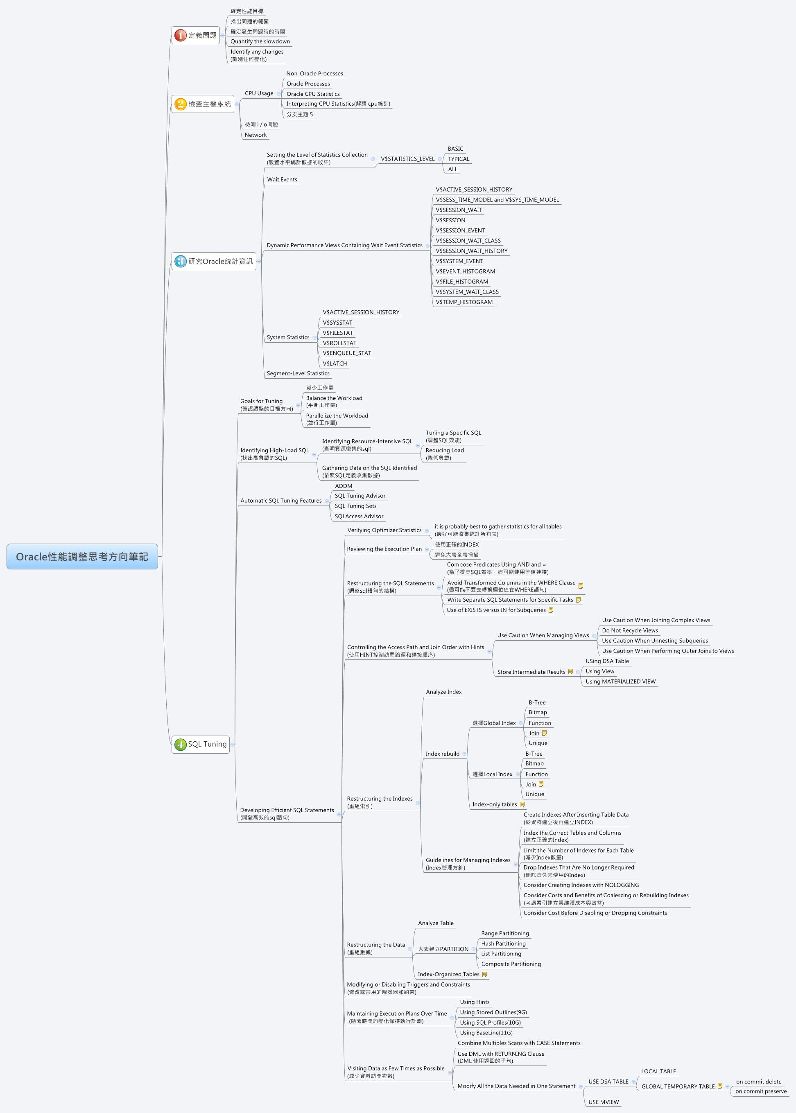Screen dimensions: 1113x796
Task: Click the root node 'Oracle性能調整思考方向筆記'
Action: click(82, 557)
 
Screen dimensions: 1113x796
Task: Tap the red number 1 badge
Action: click(181, 35)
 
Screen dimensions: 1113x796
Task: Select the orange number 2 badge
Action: click(181, 104)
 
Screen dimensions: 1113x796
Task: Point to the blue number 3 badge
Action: click(181, 261)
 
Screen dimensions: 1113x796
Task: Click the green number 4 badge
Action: click(181, 745)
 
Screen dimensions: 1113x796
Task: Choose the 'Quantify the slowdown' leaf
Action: click(260, 42)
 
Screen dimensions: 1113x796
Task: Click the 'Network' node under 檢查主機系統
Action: click(256, 135)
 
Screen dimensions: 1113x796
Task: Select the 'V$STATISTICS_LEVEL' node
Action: click(407, 159)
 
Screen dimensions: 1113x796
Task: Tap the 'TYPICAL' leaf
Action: click(458, 159)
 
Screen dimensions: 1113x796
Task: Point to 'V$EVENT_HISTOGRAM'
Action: click(465, 271)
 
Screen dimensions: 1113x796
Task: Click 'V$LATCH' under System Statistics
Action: click(335, 363)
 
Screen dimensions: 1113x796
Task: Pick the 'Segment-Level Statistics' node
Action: click(298, 373)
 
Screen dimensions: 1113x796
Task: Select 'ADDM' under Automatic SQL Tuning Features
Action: click(344, 486)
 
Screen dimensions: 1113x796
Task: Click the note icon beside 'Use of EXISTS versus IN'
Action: click(551, 610)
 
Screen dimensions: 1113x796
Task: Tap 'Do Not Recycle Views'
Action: click(630, 630)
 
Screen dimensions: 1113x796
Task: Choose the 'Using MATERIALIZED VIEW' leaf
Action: click(620, 682)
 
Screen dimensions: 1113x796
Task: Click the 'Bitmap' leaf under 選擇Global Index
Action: click(538, 712)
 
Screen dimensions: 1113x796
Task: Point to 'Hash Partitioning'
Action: click(503, 944)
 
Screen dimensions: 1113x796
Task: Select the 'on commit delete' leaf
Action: click(759, 1081)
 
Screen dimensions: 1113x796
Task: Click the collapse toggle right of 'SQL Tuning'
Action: click(232, 745)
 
